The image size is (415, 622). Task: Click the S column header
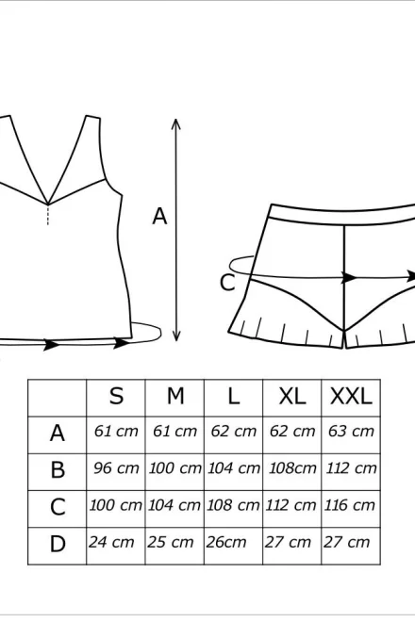[116, 396]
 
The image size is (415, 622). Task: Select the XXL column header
[351, 396]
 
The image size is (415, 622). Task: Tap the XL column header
[292, 396]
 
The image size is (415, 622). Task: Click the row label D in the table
[58, 544]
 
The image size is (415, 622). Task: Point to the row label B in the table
[58, 469]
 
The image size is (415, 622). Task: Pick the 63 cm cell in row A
[351, 432]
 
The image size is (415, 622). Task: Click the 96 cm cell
[116, 468]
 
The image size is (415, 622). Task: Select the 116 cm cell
[350, 505]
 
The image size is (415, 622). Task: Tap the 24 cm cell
[111, 542]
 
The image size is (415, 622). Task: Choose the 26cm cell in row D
[226, 542]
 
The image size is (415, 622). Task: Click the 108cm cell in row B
[292, 468]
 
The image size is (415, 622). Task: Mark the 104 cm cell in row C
[174, 505]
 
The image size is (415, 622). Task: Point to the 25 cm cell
[170, 542]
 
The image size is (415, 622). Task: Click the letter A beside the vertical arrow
[159, 217]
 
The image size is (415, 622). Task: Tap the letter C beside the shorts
[227, 283]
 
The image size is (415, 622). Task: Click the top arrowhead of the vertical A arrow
[176, 123]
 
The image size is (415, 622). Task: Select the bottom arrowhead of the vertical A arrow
[176, 336]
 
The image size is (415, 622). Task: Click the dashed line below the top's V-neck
[48, 215]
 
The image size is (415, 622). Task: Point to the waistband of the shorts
[341, 214]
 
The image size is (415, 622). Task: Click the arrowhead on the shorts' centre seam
[349, 277]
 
